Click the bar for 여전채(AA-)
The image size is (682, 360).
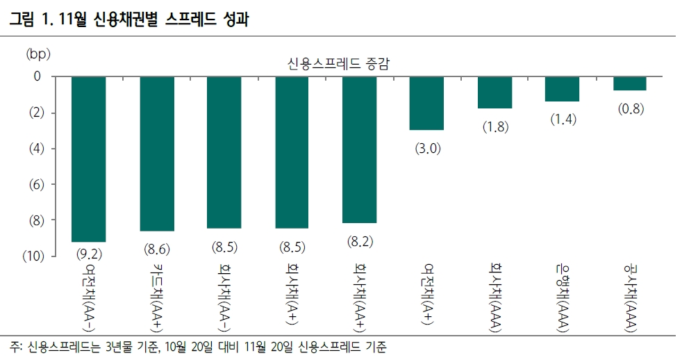click(x=89, y=159)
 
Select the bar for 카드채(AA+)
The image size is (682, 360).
click(x=157, y=154)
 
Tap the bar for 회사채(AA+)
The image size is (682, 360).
click(x=360, y=150)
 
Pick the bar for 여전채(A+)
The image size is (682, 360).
click(x=427, y=104)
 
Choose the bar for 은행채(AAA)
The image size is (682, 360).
click(x=562, y=89)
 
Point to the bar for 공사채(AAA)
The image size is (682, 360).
click(x=630, y=83)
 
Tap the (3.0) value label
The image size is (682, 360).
click(x=427, y=149)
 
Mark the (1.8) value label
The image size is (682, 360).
click(x=494, y=127)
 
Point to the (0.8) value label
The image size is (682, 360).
click(x=630, y=109)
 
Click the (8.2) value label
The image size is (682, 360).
click(x=360, y=241)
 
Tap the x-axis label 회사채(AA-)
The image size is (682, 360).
click(x=224, y=295)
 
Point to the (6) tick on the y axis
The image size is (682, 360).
click(x=35, y=184)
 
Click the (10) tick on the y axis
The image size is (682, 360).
click(x=33, y=256)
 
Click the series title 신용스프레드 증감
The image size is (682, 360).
click(x=338, y=63)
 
